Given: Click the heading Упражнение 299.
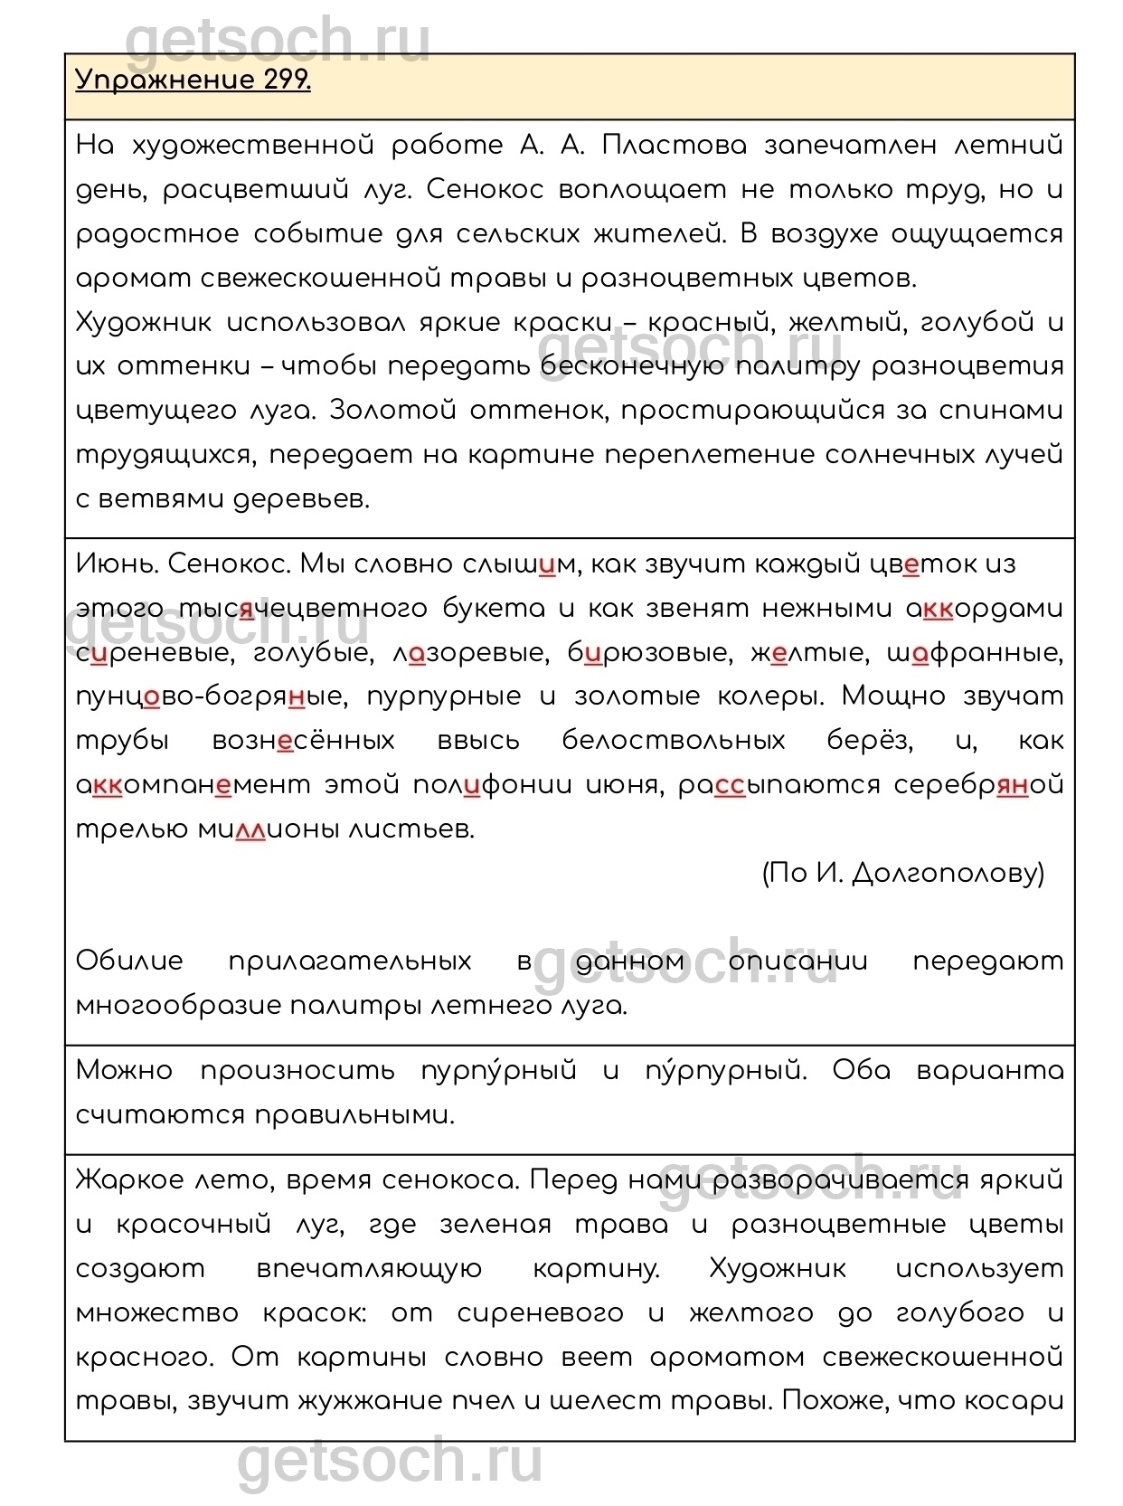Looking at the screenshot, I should (193, 81).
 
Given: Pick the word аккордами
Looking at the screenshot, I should (984, 609).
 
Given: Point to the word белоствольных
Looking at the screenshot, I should (673, 741).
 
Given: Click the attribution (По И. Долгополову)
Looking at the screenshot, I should (903, 873).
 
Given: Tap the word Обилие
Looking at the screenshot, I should (129, 961).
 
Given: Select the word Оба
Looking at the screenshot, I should (861, 1071).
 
